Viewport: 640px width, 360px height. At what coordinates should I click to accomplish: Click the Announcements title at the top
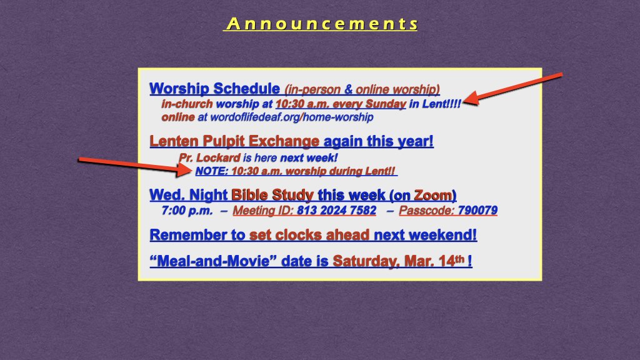pos(321,24)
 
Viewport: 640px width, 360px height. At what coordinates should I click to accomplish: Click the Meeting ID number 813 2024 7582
pos(336,211)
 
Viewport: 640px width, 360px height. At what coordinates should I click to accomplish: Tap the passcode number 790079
pos(477,211)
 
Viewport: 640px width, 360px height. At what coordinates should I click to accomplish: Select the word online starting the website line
pos(177,117)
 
